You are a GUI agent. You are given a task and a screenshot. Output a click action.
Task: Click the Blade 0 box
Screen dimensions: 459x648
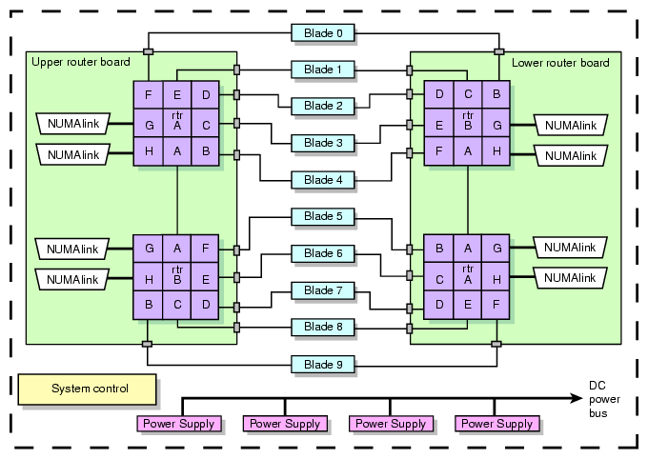click(x=323, y=33)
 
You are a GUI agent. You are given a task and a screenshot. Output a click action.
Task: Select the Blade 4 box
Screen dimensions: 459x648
click(x=323, y=179)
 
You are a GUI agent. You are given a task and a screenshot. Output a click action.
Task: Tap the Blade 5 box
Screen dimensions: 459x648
click(x=323, y=216)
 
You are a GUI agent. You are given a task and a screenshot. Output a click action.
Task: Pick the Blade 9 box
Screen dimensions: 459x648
click(x=323, y=364)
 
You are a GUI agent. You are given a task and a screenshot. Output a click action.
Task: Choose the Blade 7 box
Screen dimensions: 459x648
click(x=323, y=289)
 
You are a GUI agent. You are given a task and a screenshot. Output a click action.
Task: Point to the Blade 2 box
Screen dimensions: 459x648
click(x=323, y=106)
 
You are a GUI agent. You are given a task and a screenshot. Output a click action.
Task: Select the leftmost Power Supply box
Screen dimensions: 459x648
click(x=179, y=424)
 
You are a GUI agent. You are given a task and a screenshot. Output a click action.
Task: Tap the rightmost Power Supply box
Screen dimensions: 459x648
click(x=497, y=424)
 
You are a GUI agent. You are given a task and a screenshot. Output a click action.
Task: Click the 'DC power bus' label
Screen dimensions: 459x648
click(x=597, y=399)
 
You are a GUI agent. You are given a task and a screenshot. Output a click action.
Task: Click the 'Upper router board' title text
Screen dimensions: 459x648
click(x=81, y=63)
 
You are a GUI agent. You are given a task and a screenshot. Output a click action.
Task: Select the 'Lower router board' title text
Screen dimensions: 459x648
click(x=560, y=63)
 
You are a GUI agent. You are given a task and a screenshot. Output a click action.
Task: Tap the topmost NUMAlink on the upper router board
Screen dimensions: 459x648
click(x=73, y=123)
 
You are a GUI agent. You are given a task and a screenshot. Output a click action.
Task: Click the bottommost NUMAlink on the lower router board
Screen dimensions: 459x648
click(x=570, y=278)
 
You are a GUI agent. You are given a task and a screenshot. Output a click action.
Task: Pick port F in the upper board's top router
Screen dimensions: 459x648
click(x=149, y=94)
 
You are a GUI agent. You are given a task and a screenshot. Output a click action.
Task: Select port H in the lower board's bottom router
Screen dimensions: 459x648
click(x=496, y=278)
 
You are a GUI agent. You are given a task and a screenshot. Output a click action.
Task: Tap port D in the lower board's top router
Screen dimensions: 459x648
click(x=439, y=94)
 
